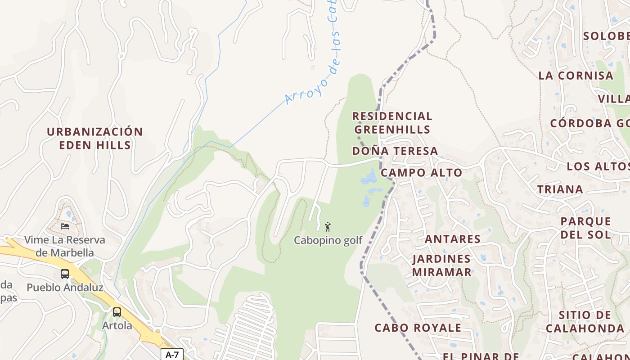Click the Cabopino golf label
point(328,240)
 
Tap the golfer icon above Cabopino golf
point(328,226)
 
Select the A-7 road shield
point(172,355)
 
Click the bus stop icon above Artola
point(117,312)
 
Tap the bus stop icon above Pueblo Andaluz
point(65,274)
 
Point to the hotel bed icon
point(65,226)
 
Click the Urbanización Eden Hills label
point(95,138)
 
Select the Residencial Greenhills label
point(392,123)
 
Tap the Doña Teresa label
point(395,151)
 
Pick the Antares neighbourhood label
point(452,239)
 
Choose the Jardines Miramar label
point(441,265)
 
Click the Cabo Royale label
point(418,328)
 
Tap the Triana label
point(560,189)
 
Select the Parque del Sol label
point(585,228)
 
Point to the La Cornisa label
point(576,76)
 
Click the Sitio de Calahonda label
point(585,322)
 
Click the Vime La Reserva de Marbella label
point(65,246)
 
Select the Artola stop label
point(117,325)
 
